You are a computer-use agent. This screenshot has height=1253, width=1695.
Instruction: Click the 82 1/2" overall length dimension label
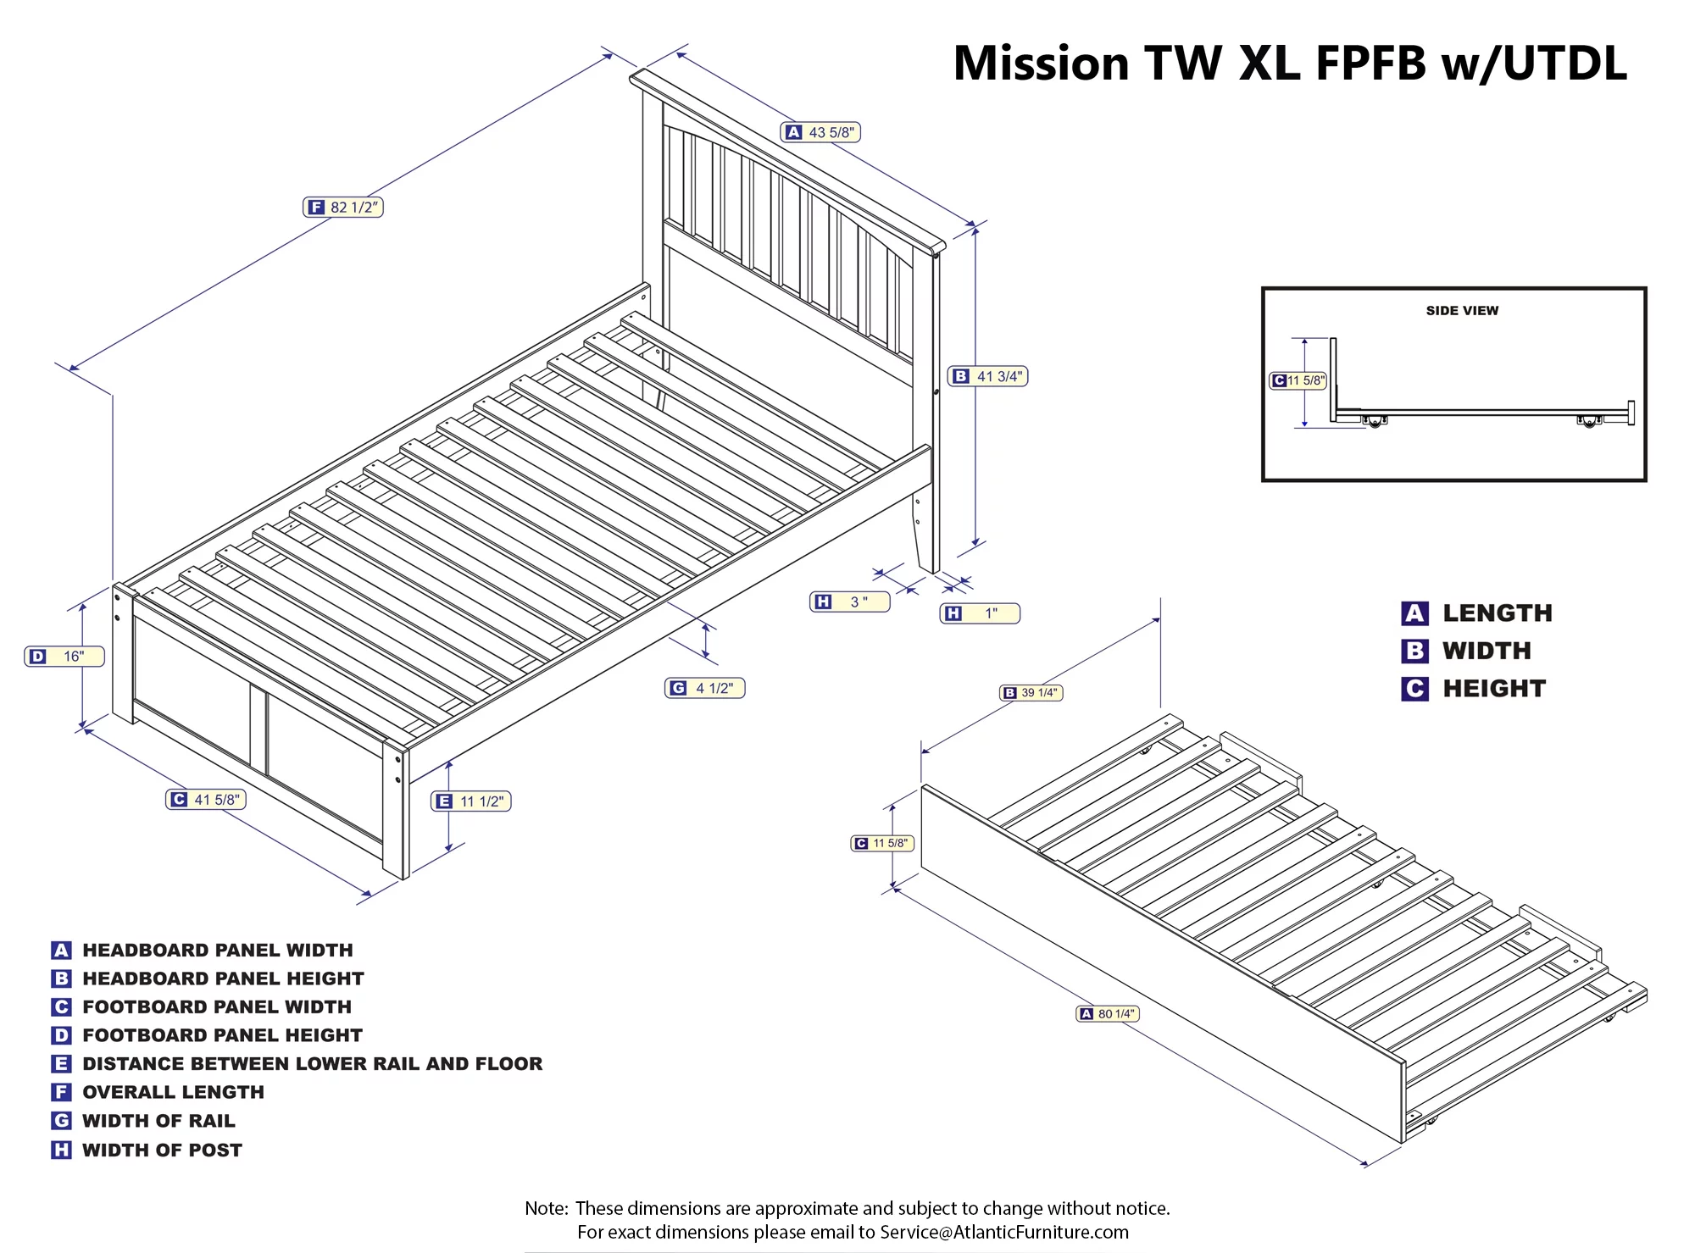(x=343, y=208)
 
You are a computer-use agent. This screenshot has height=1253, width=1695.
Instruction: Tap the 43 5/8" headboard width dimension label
(x=820, y=132)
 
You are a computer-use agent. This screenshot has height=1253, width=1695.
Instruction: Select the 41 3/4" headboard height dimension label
(x=988, y=376)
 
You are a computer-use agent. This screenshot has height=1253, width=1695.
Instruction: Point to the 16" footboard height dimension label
(x=64, y=657)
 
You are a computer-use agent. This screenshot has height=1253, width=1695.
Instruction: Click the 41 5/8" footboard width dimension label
(x=206, y=800)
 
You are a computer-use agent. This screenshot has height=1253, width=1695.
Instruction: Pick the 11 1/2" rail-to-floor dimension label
(x=471, y=801)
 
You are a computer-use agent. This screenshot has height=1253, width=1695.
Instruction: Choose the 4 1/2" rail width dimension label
(x=704, y=688)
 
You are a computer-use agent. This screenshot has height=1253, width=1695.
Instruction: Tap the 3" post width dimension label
(x=849, y=602)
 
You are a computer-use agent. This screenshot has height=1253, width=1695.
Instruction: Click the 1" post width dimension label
(x=980, y=613)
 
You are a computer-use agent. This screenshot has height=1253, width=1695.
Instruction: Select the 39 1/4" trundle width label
(x=1031, y=693)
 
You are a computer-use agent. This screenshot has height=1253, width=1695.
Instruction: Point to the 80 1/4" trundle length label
(x=1108, y=1014)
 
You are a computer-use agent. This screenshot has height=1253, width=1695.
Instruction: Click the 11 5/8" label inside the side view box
(x=1298, y=380)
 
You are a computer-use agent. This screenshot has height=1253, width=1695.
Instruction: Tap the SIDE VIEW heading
(x=1462, y=311)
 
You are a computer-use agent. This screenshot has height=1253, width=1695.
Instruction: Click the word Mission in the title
(x=1041, y=64)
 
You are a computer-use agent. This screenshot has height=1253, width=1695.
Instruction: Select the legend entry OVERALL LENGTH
(x=173, y=1092)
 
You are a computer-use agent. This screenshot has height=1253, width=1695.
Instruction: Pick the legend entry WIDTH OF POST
(x=162, y=1150)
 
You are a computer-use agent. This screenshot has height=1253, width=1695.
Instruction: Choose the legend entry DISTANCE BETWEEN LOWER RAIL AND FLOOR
(x=312, y=1063)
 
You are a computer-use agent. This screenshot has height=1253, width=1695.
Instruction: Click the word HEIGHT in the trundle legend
(x=1494, y=689)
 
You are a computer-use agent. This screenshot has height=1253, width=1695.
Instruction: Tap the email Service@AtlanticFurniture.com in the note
(x=1004, y=1232)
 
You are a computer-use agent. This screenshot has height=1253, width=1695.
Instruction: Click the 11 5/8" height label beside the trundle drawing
(x=882, y=843)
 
